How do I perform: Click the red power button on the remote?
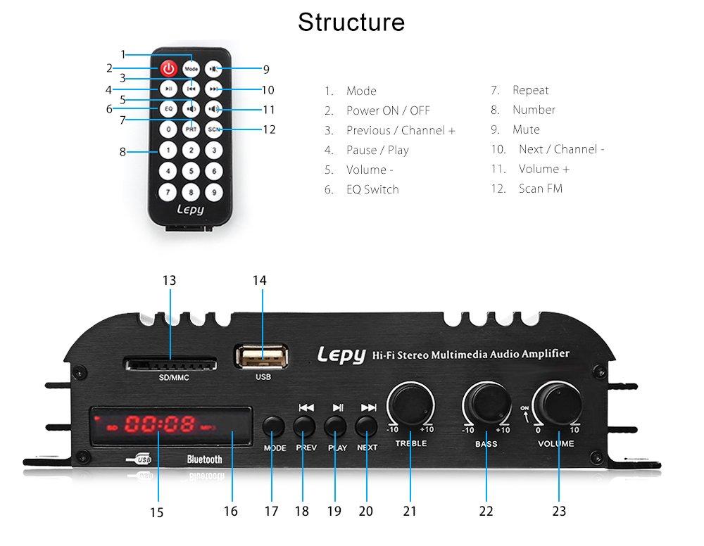click(x=169, y=69)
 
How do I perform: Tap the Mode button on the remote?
click(x=191, y=69)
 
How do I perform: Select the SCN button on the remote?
click(x=214, y=129)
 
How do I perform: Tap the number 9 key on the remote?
click(x=214, y=191)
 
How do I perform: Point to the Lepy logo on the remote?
click(x=190, y=210)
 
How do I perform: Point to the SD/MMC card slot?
click(x=170, y=364)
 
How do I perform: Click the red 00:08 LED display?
click(x=159, y=424)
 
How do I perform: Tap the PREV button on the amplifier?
click(x=304, y=426)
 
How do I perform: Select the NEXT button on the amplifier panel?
click(x=366, y=426)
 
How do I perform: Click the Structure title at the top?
click(x=351, y=22)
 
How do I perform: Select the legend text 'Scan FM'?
click(x=540, y=189)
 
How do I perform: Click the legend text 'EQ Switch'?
click(x=372, y=189)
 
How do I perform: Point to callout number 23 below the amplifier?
click(x=559, y=512)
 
